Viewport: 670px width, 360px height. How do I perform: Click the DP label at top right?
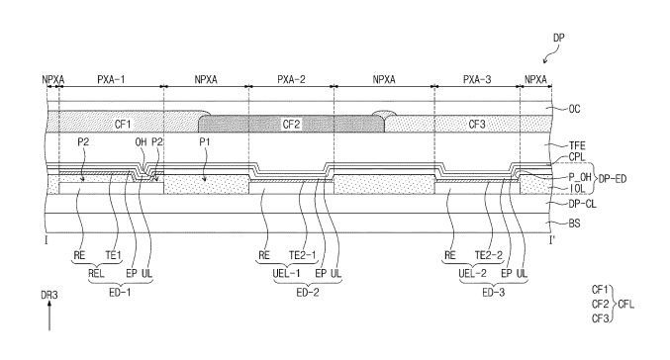click(558, 38)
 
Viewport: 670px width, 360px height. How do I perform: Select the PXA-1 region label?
click(111, 79)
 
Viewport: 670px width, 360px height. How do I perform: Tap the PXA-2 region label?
click(291, 79)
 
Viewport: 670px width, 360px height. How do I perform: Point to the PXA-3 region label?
click(477, 79)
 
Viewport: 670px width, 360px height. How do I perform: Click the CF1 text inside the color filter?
click(123, 125)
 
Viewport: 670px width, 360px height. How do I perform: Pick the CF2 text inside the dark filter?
click(291, 125)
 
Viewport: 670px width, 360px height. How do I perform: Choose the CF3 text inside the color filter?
click(477, 125)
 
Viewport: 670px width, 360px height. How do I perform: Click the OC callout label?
click(574, 109)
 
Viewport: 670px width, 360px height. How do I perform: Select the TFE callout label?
click(577, 146)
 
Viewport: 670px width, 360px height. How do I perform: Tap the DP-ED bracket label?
click(613, 178)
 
